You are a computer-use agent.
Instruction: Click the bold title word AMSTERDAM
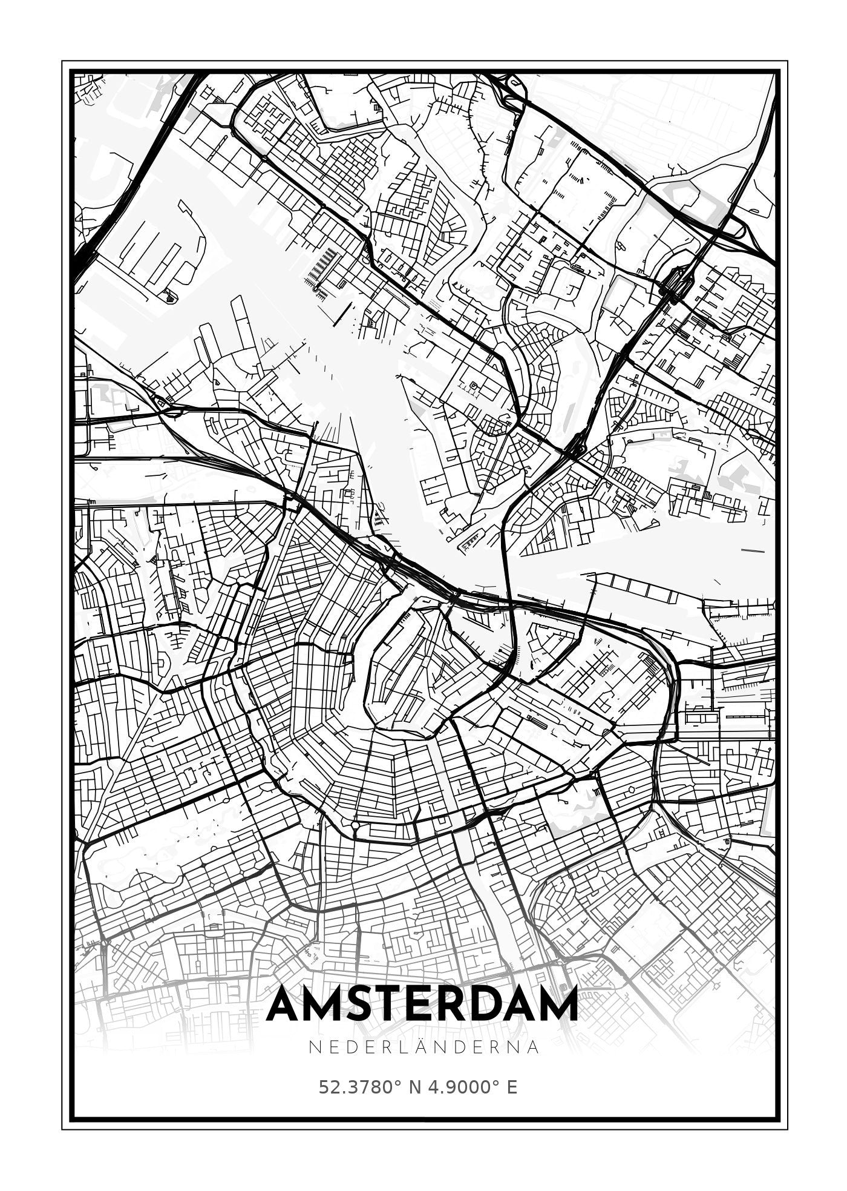pyautogui.click(x=422, y=1005)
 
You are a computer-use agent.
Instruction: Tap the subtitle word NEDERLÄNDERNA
pyautogui.click(x=423, y=1047)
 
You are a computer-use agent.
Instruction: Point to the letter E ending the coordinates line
pyautogui.click(x=512, y=1087)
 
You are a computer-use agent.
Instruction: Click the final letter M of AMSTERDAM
pyautogui.click(x=556, y=1005)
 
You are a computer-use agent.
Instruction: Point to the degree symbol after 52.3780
pyautogui.click(x=397, y=1083)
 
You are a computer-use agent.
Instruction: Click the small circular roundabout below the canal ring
pyautogui.click(x=355, y=825)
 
